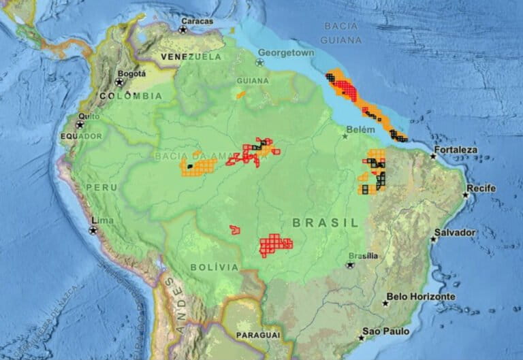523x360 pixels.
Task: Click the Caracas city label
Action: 197,21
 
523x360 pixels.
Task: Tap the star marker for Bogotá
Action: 120,82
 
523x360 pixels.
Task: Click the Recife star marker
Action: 466,195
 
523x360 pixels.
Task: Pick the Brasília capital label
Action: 361,256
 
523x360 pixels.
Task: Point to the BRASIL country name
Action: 325,223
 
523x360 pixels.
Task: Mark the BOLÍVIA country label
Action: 215,267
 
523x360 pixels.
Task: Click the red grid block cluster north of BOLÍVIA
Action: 275,245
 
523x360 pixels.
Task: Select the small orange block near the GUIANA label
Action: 240,95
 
